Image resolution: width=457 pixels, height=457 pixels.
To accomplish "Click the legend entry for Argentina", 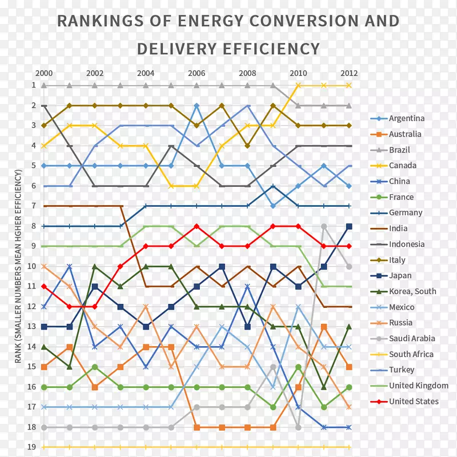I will tap(406, 118).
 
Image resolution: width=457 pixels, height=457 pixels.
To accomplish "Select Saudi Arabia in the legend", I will tap(411, 338).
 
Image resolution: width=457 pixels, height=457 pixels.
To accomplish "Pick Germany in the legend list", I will tap(406, 213).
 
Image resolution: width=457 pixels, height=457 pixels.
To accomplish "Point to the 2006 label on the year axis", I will tap(197, 73).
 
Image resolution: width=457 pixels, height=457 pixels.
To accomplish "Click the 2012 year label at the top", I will tap(349, 73).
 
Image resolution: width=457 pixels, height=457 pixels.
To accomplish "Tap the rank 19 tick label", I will tap(34, 447).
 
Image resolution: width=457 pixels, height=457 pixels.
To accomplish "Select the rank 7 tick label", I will tap(34, 206).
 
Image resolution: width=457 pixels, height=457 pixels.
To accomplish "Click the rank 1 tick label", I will tap(34, 85).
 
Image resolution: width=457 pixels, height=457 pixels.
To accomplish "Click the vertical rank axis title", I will tap(19, 266).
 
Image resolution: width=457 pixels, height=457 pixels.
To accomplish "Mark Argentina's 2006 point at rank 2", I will tap(197, 106).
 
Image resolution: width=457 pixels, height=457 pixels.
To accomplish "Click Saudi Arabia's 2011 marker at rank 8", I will tap(324, 226).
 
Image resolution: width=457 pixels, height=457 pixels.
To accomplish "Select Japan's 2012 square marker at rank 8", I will tap(349, 226).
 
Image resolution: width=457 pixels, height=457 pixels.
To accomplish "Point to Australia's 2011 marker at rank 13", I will tap(324, 327).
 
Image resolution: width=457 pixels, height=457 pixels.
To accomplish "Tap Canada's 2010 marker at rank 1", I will tap(298, 85).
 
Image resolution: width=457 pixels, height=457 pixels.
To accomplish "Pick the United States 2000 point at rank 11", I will tap(44, 286).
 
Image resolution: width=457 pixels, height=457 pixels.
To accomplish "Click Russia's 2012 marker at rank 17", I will tap(349, 407).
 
